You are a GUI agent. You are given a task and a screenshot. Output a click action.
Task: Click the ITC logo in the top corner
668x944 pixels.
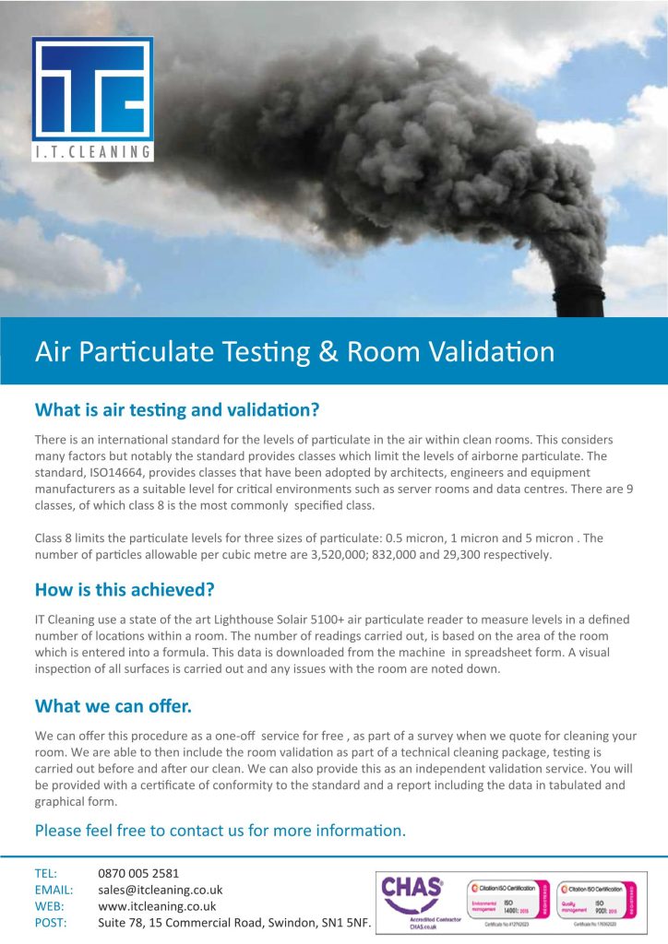point(92,99)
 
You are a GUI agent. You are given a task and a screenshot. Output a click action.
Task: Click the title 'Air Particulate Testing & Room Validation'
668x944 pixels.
point(294,351)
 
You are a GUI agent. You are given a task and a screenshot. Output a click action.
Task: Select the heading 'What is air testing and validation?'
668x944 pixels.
point(176,408)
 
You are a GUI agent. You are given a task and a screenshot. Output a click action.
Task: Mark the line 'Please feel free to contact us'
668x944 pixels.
point(220,831)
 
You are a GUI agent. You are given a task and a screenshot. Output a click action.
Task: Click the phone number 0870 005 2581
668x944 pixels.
point(138,873)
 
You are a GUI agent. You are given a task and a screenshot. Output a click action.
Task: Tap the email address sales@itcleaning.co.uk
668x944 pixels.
point(160,890)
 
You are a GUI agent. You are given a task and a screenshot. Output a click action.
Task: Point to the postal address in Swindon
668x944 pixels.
point(234,923)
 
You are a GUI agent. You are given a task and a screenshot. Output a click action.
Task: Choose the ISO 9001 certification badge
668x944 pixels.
point(596,900)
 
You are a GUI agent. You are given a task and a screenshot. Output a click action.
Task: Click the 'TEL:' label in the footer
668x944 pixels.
point(46,873)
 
